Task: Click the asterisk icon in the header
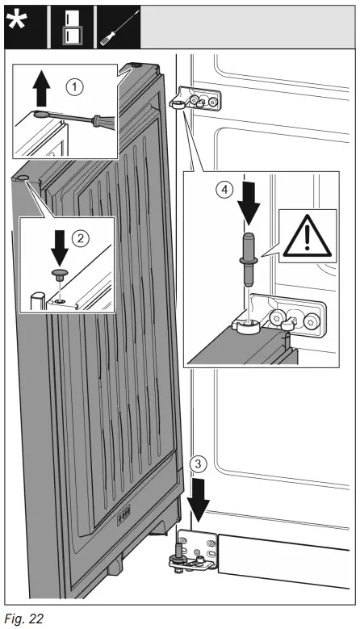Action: click(24, 24)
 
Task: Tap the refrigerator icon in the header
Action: click(73, 25)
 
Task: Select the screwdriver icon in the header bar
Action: click(117, 25)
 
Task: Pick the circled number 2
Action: click(79, 239)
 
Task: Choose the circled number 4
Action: click(228, 191)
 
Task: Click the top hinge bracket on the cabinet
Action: click(196, 99)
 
